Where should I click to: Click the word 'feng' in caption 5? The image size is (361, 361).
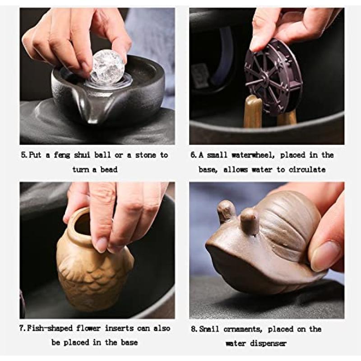[x=62, y=155]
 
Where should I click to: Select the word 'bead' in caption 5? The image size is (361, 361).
[x=109, y=170]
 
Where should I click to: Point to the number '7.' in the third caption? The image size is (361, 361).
[x=23, y=328]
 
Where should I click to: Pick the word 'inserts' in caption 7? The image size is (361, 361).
[x=119, y=329]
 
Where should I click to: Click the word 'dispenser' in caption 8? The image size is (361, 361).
[x=268, y=344]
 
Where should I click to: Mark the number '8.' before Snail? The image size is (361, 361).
[x=194, y=329]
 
